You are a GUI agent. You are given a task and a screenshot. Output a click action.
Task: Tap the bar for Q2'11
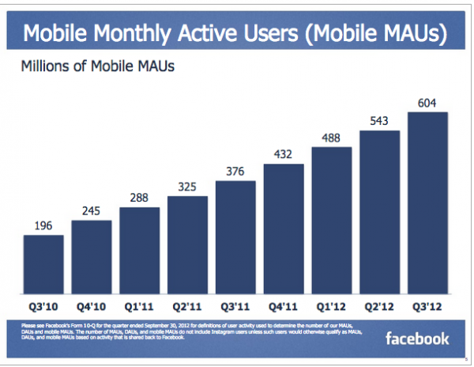click(187, 244)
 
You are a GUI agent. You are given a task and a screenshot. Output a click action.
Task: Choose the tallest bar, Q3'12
click(428, 202)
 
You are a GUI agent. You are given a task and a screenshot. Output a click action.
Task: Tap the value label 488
click(332, 138)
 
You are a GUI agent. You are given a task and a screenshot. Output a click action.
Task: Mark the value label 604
click(428, 104)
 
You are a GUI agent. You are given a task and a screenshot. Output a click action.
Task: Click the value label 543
click(380, 121)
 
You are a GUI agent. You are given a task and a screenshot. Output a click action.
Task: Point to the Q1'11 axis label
click(139, 304)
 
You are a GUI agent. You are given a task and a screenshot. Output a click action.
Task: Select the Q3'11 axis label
click(235, 304)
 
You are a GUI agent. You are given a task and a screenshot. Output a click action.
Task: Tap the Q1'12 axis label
click(332, 304)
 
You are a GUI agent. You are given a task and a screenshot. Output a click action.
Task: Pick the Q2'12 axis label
click(380, 304)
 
